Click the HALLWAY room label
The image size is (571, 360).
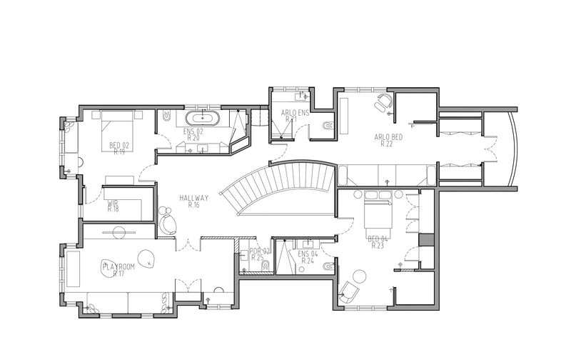(193, 198)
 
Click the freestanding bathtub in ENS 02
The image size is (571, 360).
(202, 118)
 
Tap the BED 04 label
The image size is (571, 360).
(377, 239)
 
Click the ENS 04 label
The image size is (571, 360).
(308, 254)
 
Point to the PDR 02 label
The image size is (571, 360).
(258, 251)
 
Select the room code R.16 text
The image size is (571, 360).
(193, 205)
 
